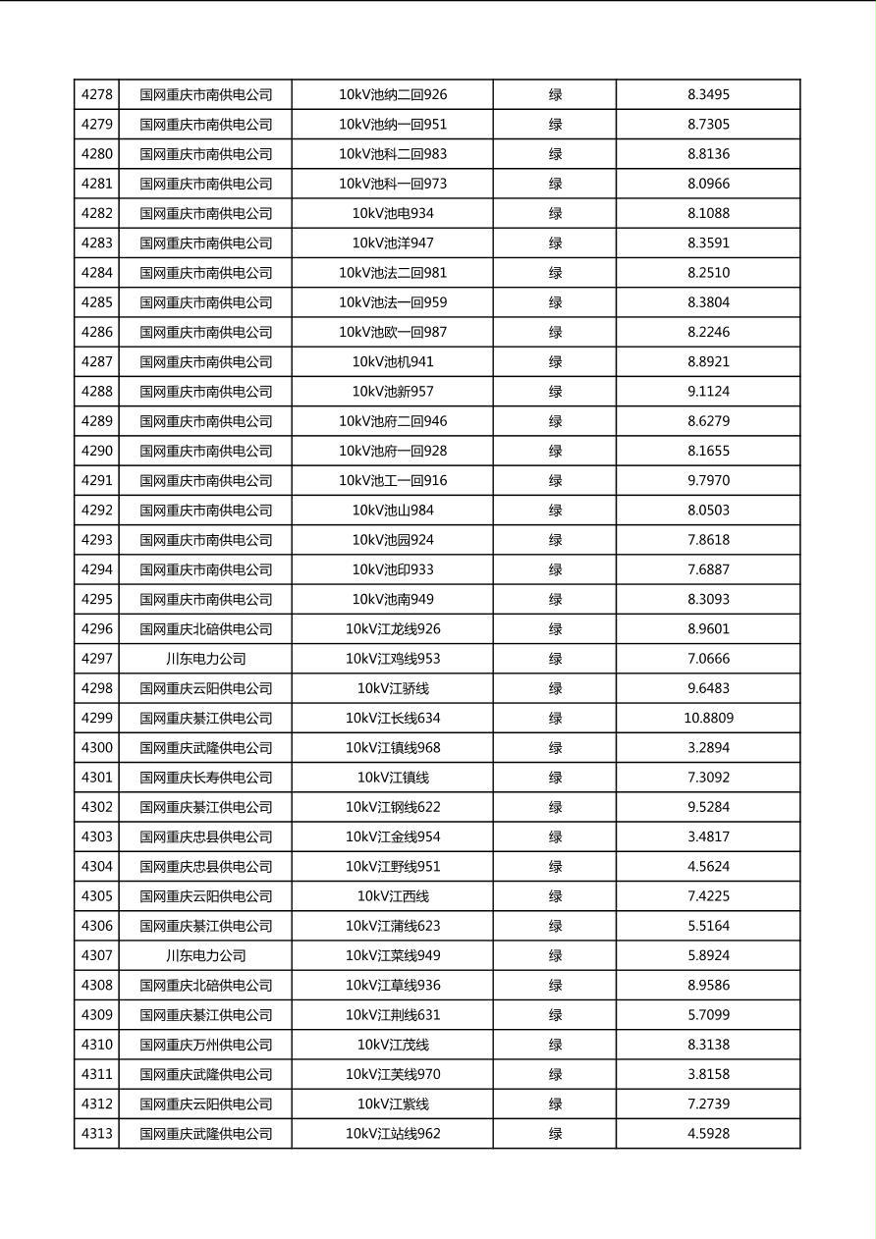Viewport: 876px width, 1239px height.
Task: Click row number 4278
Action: [96, 95]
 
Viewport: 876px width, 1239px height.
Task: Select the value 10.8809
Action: [708, 719]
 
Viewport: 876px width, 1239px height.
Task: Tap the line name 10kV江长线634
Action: [393, 719]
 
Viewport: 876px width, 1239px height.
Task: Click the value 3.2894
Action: [708, 748]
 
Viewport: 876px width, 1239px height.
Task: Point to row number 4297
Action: [96, 659]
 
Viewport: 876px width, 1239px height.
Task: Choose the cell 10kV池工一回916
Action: [393, 481]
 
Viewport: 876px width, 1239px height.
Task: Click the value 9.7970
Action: [708, 481]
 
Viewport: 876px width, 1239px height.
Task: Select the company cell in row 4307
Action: [205, 956]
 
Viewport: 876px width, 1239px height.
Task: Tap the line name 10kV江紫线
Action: [393, 1104]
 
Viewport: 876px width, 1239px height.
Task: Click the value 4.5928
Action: [708, 1134]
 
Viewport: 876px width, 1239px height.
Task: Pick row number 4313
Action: [96, 1134]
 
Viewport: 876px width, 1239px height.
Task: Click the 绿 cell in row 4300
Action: [555, 748]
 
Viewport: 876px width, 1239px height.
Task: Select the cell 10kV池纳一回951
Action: [393, 125]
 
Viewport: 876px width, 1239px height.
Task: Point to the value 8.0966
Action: [708, 184]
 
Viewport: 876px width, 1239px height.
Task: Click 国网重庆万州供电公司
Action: [205, 1045]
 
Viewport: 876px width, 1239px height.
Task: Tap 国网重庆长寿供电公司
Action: [205, 778]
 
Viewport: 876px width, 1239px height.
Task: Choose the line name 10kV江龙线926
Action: [393, 629]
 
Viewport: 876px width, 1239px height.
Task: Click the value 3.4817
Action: [708, 837]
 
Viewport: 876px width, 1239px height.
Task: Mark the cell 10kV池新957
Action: [393, 392]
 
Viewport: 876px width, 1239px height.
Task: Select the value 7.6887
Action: [708, 569]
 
